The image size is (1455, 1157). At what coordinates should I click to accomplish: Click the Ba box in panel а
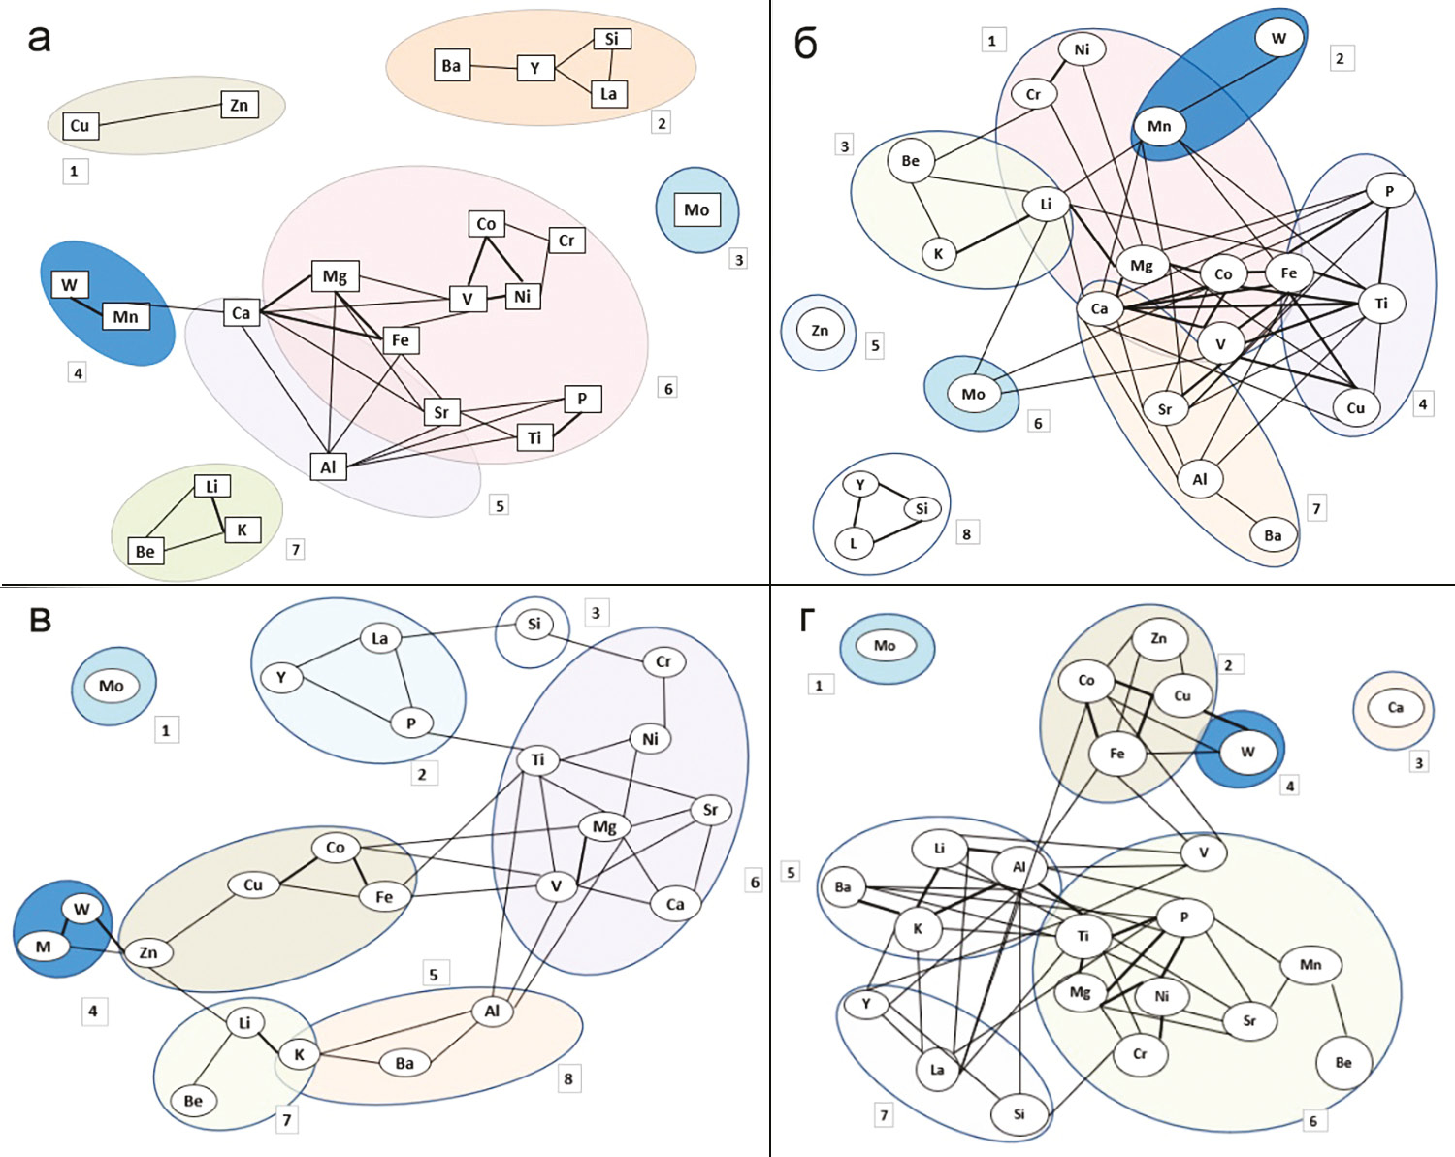[451, 66]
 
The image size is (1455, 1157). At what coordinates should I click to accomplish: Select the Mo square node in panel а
[696, 209]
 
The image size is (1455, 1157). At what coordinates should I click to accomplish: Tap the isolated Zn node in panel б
[820, 331]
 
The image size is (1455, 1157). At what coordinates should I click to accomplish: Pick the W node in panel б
[1278, 39]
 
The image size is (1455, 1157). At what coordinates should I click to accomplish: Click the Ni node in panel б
[1082, 49]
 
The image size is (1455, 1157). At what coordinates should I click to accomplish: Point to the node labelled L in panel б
[854, 543]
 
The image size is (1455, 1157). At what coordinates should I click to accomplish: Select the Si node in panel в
[533, 625]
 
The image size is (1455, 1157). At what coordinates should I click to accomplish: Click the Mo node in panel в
[112, 687]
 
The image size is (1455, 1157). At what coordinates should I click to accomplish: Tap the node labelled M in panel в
[44, 947]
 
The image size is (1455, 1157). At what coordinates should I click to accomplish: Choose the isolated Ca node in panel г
[1395, 708]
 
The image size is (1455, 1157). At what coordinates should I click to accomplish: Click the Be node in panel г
[1342, 1063]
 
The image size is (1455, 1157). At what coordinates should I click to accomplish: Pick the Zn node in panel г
[1158, 639]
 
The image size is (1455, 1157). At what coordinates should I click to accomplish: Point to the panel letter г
[807, 620]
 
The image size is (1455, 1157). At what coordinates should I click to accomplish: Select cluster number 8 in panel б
[966, 533]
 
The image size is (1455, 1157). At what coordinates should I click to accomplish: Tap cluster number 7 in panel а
[296, 550]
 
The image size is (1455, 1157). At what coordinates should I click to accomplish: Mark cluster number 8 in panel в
[568, 1078]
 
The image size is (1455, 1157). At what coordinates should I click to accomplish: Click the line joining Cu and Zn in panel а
[158, 115]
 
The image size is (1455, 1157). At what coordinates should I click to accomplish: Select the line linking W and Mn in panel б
[1219, 82]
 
